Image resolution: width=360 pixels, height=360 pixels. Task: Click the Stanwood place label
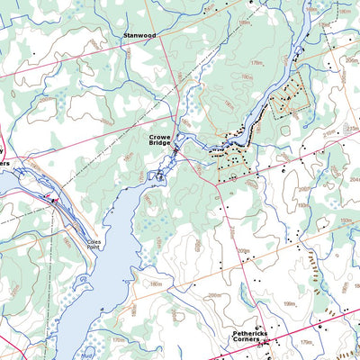click(139, 37)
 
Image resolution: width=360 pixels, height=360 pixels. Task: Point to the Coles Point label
click(92, 242)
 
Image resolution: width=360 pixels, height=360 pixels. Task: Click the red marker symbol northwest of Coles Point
click(52, 199)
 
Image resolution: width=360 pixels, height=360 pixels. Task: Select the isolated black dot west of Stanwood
click(33, 53)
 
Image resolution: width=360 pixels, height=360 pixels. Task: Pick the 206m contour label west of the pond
click(213, 294)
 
